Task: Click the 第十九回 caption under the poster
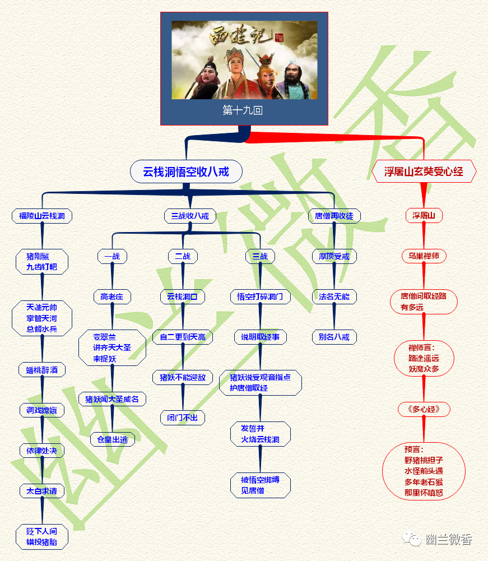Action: pyautogui.click(x=243, y=110)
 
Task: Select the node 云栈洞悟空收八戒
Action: pyautogui.click(x=187, y=171)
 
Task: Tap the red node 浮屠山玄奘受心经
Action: pyautogui.click(x=424, y=171)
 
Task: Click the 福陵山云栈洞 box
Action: pyautogui.click(x=42, y=216)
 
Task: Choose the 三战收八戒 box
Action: pyautogui.click(x=190, y=216)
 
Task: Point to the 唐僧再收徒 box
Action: pyautogui.click(x=334, y=216)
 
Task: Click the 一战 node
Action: pyautogui.click(x=112, y=256)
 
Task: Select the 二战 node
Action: pyautogui.click(x=183, y=256)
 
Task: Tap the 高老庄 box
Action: pyautogui.click(x=112, y=296)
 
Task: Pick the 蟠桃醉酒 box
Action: pyautogui.click(x=42, y=370)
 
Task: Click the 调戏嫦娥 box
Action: pyautogui.click(x=42, y=410)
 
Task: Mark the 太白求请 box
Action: pyautogui.click(x=42, y=491)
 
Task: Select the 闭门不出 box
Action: pyautogui.click(x=183, y=418)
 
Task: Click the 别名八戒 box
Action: pyautogui.click(x=334, y=337)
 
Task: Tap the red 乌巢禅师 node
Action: pyautogui.click(x=424, y=256)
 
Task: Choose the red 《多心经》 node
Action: pyautogui.click(x=424, y=409)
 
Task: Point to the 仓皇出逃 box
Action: pyautogui.click(x=112, y=439)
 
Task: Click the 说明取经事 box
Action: pyautogui.click(x=261, y=337)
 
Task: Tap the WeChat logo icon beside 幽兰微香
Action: pyautogui.click(x=413, y=540)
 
